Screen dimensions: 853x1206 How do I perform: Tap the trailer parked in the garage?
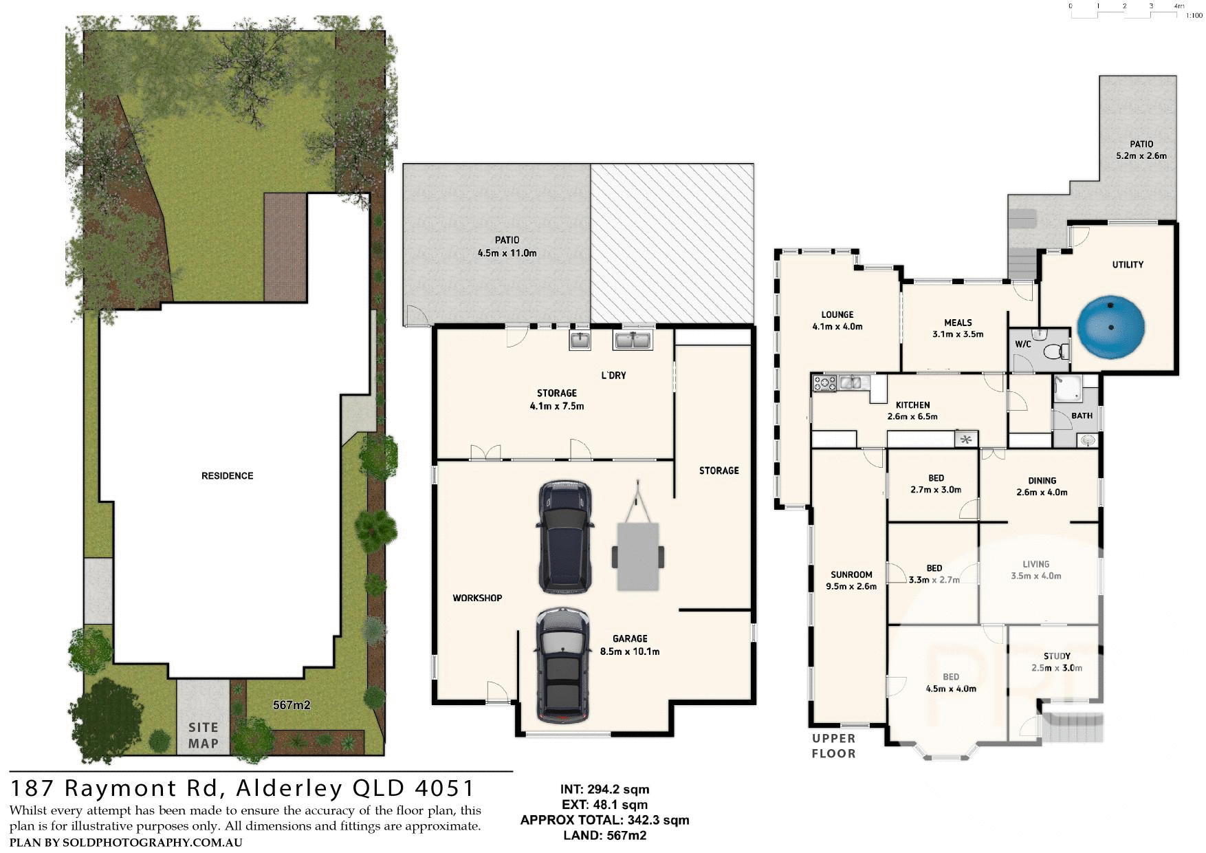coord(638,554)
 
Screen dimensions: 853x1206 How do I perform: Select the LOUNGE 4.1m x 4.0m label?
coord(837,321)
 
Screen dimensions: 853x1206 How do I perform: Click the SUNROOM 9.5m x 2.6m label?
coord(851,581)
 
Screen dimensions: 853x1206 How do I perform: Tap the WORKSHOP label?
coord(477,598)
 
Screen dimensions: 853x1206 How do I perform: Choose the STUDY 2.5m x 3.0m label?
coord(1057,662)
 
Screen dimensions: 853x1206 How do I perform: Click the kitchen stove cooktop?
coord(824,383)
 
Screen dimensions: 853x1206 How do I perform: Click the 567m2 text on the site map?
coord(292,705)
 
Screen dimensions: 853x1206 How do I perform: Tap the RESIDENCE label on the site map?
coord(227,475)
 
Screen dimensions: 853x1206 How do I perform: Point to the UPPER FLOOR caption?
coord(833,746)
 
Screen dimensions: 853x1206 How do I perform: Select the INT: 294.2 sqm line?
coord(604,789)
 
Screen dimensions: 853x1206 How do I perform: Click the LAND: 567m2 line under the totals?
coord(604,835)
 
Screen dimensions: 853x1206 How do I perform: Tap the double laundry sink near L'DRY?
coord(633,340)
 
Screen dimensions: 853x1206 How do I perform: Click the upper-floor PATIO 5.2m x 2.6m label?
coord(1141,150)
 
